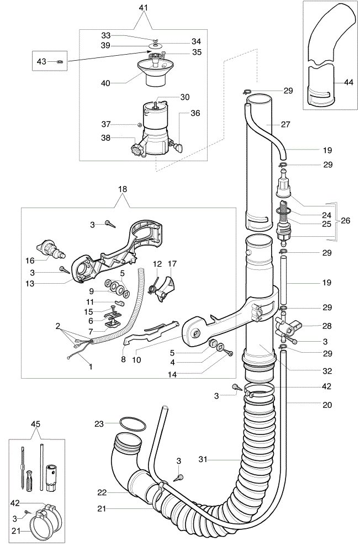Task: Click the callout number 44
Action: click(348, 82)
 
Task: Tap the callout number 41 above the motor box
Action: click(144, 8)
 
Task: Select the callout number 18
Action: click(122, 189)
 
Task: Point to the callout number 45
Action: click(35, 424)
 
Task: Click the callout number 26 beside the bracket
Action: click(346, 220)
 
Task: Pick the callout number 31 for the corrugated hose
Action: click(203, 459)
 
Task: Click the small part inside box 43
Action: click(60, 62)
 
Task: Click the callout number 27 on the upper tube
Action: click(285, 124)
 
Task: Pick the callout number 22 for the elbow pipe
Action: click(102, 492)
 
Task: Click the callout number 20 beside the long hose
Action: click(327, 405)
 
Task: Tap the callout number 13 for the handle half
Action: click(30, 283)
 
